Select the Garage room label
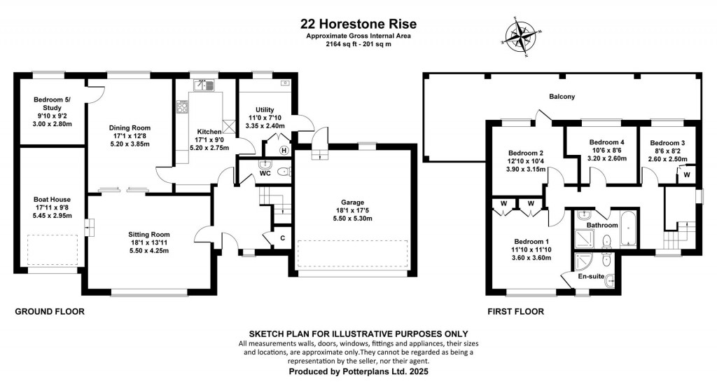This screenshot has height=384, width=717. pyautogui.click(x=349, y=202)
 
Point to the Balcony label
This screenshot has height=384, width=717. pyautogui.click(x=562, y=97)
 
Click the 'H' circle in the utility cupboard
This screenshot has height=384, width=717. pyautogui.click(x=284, y=150)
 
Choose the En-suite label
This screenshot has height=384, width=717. pyautogui.click(x=590, y=277)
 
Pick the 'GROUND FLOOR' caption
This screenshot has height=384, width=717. pyautogui.click(x=50, y=311)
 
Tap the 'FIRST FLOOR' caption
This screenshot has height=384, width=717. pyautogui.click(x=514, y=311)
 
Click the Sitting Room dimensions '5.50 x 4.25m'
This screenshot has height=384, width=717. pyautogui.click(x=148, y=251)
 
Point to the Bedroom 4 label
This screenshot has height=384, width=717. pyautogui.click(x=602, y=142)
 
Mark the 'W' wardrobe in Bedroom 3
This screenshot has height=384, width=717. pyautogui.click(x=686, y=174)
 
